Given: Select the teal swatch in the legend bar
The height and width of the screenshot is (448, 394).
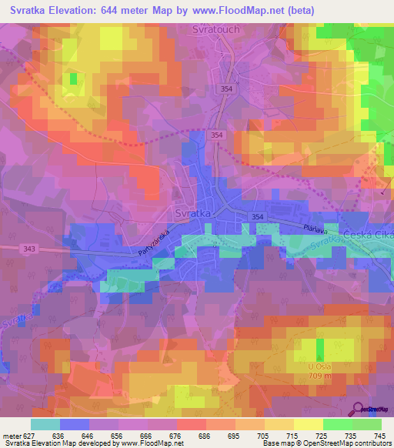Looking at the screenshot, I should coord(45,424).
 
